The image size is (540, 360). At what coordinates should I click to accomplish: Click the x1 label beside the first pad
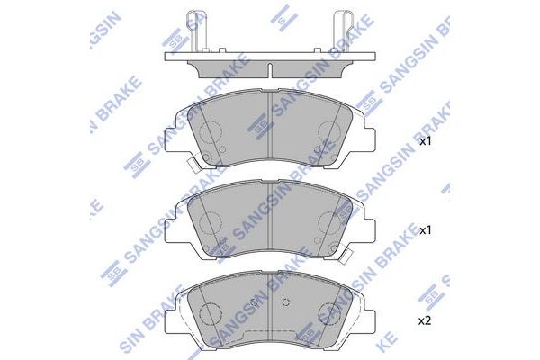(426, 141)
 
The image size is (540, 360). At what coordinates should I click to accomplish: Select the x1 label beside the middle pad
(426, 230)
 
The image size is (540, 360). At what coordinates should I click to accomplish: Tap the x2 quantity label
(425, 321)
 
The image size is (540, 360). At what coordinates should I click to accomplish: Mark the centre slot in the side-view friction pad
(270, 70)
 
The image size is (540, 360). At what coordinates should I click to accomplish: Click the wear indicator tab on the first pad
(193, 166)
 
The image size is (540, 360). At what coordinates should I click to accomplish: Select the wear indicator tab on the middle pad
(346, 256)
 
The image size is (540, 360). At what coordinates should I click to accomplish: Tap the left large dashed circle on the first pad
(210, 132)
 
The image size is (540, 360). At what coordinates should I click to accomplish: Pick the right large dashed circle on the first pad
(329, 132)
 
